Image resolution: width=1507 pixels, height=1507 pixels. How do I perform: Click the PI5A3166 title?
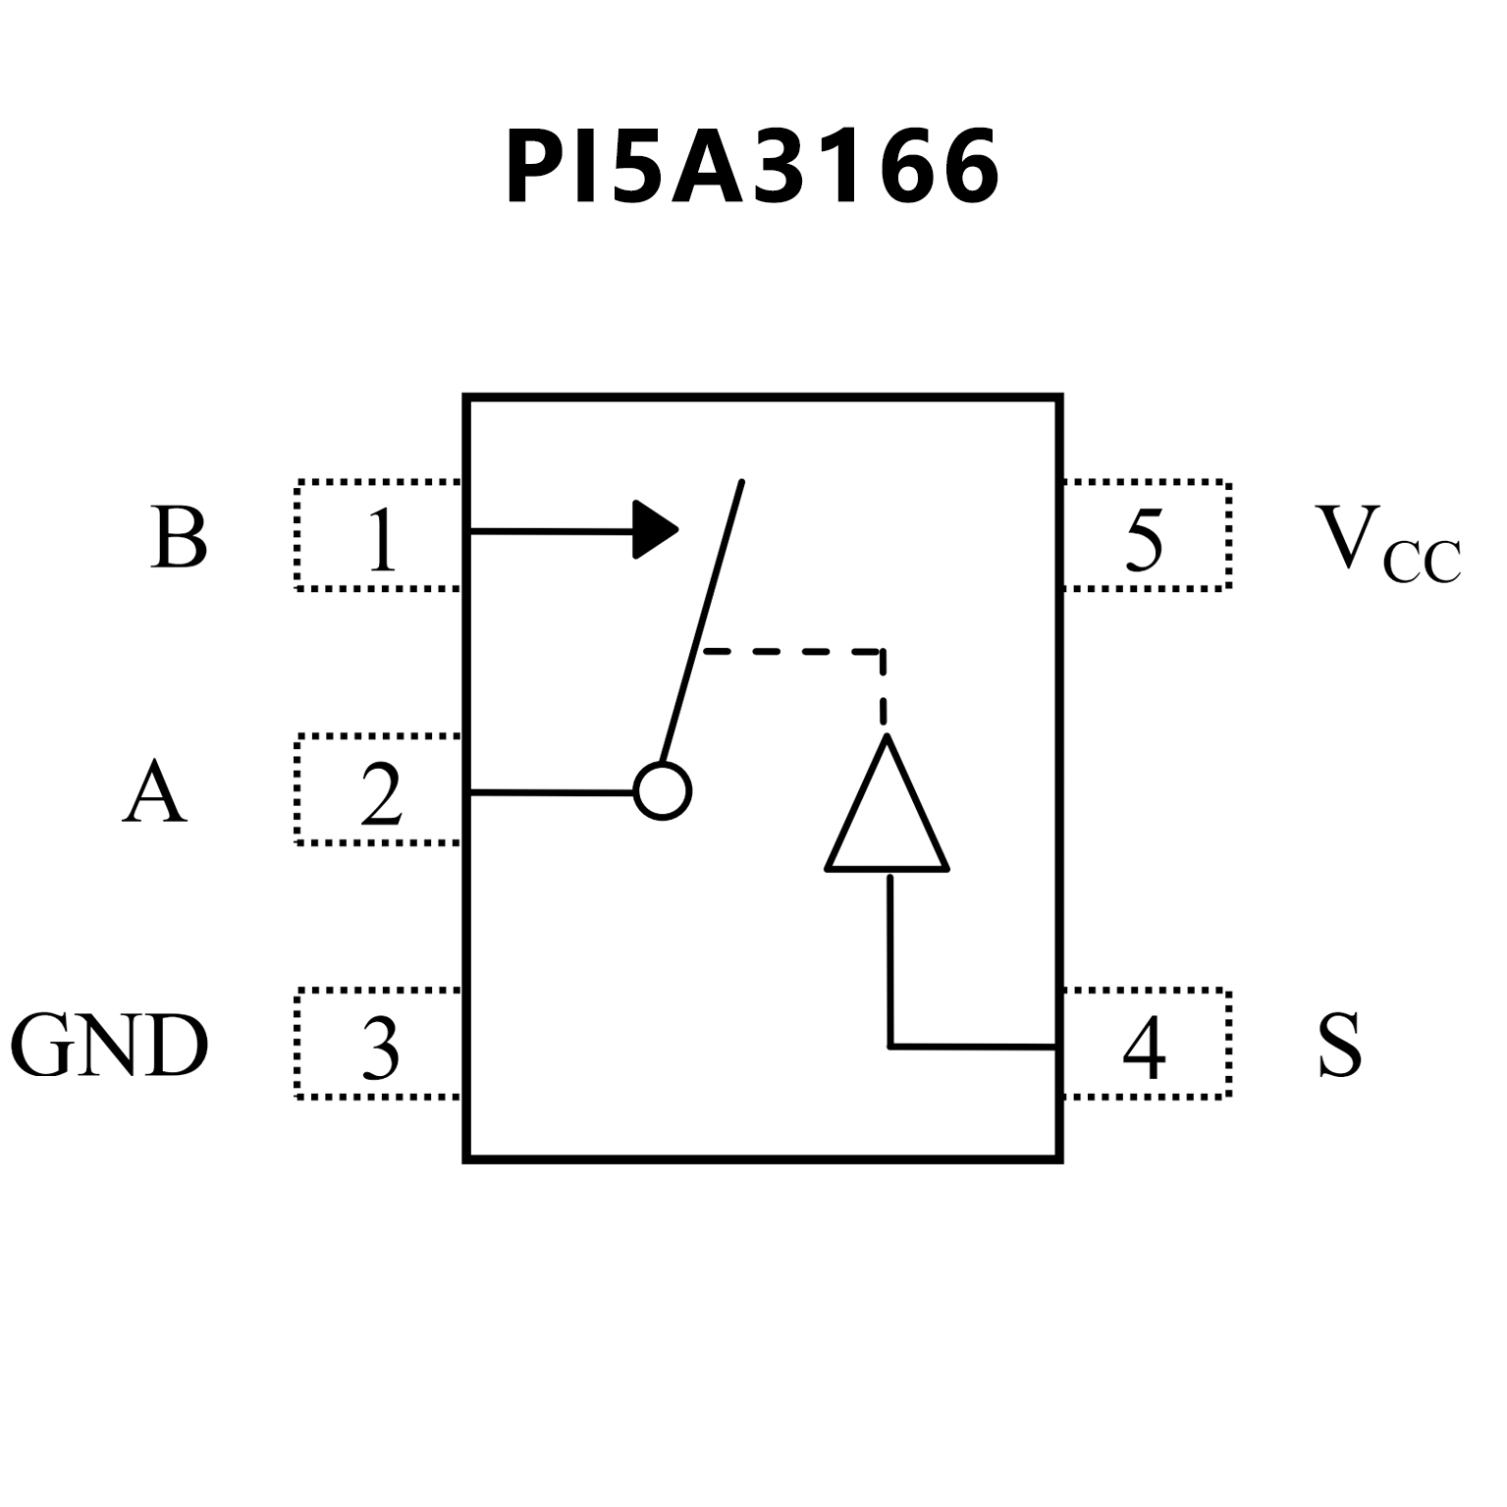tap(752, 167)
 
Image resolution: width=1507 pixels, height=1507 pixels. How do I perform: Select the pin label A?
tap(155, 791)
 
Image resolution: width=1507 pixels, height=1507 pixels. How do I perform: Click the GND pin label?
tap(109, 1045)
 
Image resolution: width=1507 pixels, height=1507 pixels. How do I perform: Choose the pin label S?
tap(1339, 1045)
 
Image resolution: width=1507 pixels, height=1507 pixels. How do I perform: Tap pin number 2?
tap(381, 793)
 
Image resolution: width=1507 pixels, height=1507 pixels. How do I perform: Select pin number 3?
tap(381, 1047)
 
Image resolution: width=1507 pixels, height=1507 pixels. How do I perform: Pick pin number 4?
tap(1144, 1047)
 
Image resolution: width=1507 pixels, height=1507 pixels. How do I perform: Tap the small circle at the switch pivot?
tap(663, 791)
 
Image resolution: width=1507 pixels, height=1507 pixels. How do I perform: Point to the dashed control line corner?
tap(883, 651)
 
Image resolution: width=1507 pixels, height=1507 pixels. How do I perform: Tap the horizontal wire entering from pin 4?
tap(972, 1047)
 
